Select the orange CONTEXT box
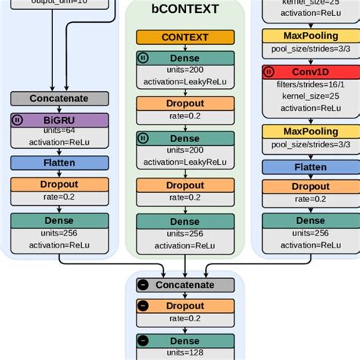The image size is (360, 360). [x=185, y=37]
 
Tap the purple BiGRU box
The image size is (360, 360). [x=59, y=119]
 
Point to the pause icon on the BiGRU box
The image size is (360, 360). [x=18, y=119]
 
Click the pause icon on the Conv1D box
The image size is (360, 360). [x=270, y=72]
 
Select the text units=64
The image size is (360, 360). [x=59, y=131]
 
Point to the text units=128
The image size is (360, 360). [x=185, y=353]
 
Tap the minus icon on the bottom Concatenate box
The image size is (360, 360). [x=144, y=285]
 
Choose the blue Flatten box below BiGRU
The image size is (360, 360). [x=59, y=163]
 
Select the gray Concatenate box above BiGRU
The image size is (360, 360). [x=59, y=99]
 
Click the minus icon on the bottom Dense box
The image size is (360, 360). [x=144, y=342]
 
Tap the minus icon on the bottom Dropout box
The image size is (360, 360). [x=144, y=306]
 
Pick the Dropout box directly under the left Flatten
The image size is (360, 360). [x=59, y=185]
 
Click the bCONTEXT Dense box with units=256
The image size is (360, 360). [x=185, y=221]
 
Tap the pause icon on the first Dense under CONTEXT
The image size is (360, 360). [x=144, y=57]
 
